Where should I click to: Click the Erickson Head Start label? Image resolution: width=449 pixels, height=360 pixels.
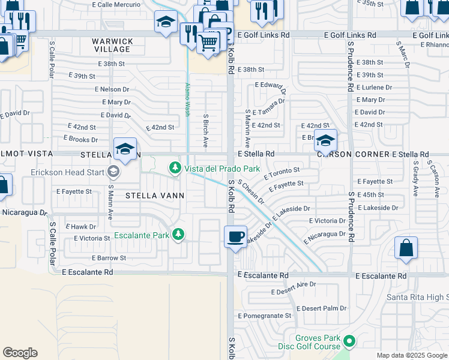click(x=67, y=173)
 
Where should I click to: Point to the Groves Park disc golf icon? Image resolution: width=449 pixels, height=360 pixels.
click(x=349, y=341)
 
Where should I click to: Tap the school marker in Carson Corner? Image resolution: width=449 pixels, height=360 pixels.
click(x=325, y=142)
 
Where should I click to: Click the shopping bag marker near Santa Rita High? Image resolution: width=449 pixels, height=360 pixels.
click(x=406, y=248)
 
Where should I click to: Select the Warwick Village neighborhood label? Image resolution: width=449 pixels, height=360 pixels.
click(x=112, y=45)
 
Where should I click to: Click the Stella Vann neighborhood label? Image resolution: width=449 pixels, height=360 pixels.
click(x=155, y=196)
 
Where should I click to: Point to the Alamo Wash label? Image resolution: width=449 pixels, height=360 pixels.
click(x=187, y=99)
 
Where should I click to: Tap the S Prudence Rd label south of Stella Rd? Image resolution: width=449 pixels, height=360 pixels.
click(x=350, y=217)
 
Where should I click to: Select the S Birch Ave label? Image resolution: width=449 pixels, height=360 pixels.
click(x=205, y=131)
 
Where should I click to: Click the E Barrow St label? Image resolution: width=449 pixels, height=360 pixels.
click(x=109, y=258)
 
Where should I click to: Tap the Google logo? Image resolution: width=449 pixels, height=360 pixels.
click(x=20, y=353)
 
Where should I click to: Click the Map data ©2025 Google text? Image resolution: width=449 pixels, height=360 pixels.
click(x=411, y=355)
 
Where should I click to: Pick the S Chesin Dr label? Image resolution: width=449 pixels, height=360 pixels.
click(x=251, y=191)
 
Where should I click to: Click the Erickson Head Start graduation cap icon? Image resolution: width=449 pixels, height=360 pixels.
click(x=113, y=173)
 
